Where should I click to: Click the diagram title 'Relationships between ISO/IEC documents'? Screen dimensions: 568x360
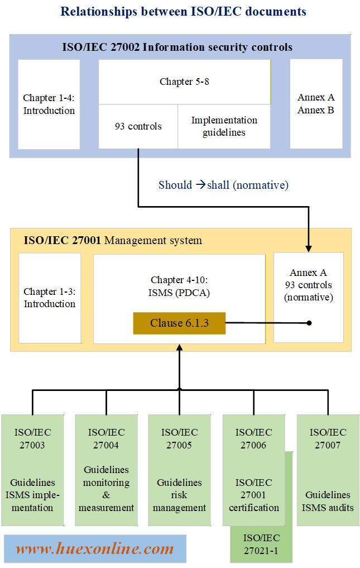[183, 11]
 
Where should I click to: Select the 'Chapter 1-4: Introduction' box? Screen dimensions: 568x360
[49, 104]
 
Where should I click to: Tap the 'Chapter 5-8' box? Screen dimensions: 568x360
[184, 82]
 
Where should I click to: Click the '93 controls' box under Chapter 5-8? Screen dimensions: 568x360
[138, 126]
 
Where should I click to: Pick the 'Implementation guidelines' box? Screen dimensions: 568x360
[224, 126]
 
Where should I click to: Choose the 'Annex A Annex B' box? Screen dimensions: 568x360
[316, 104]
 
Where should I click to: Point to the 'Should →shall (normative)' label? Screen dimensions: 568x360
[223, 185]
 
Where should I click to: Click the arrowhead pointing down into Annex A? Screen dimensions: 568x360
[309, 248]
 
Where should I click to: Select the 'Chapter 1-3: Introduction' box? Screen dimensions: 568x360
[50, 298]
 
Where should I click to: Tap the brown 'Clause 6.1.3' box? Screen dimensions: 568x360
[179, 323]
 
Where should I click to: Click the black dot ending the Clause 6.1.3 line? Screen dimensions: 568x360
[309, 323]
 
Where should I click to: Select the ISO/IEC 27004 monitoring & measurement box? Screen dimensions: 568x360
[106, 470]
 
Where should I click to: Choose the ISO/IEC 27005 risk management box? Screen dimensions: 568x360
[179, 470]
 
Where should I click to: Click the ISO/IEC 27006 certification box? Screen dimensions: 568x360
[253, 470]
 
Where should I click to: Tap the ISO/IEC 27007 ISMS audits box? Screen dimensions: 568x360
[327, 470]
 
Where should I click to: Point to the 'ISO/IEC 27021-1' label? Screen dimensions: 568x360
[262, 545]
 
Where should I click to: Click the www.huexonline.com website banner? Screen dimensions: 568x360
[95, 548]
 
